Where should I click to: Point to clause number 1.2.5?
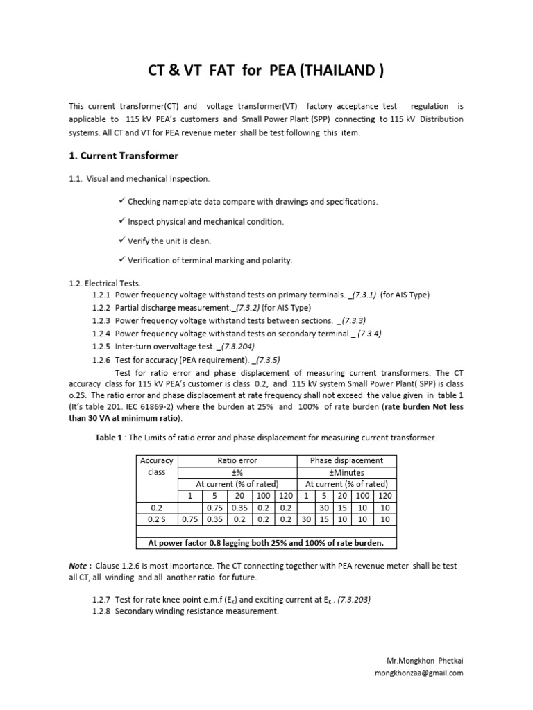click(102, 345)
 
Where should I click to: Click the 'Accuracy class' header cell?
click(156, 465)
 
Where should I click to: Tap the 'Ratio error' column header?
click(237, 460)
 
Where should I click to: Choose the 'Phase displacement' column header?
click(346, 460)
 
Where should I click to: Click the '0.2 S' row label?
click(156, 519)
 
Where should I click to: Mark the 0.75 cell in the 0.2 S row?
click(189, 519)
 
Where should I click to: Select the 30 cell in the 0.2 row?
click(323, 507)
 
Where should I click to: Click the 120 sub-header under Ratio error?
click(285, 495)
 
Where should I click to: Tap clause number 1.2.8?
click(102, 611)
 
